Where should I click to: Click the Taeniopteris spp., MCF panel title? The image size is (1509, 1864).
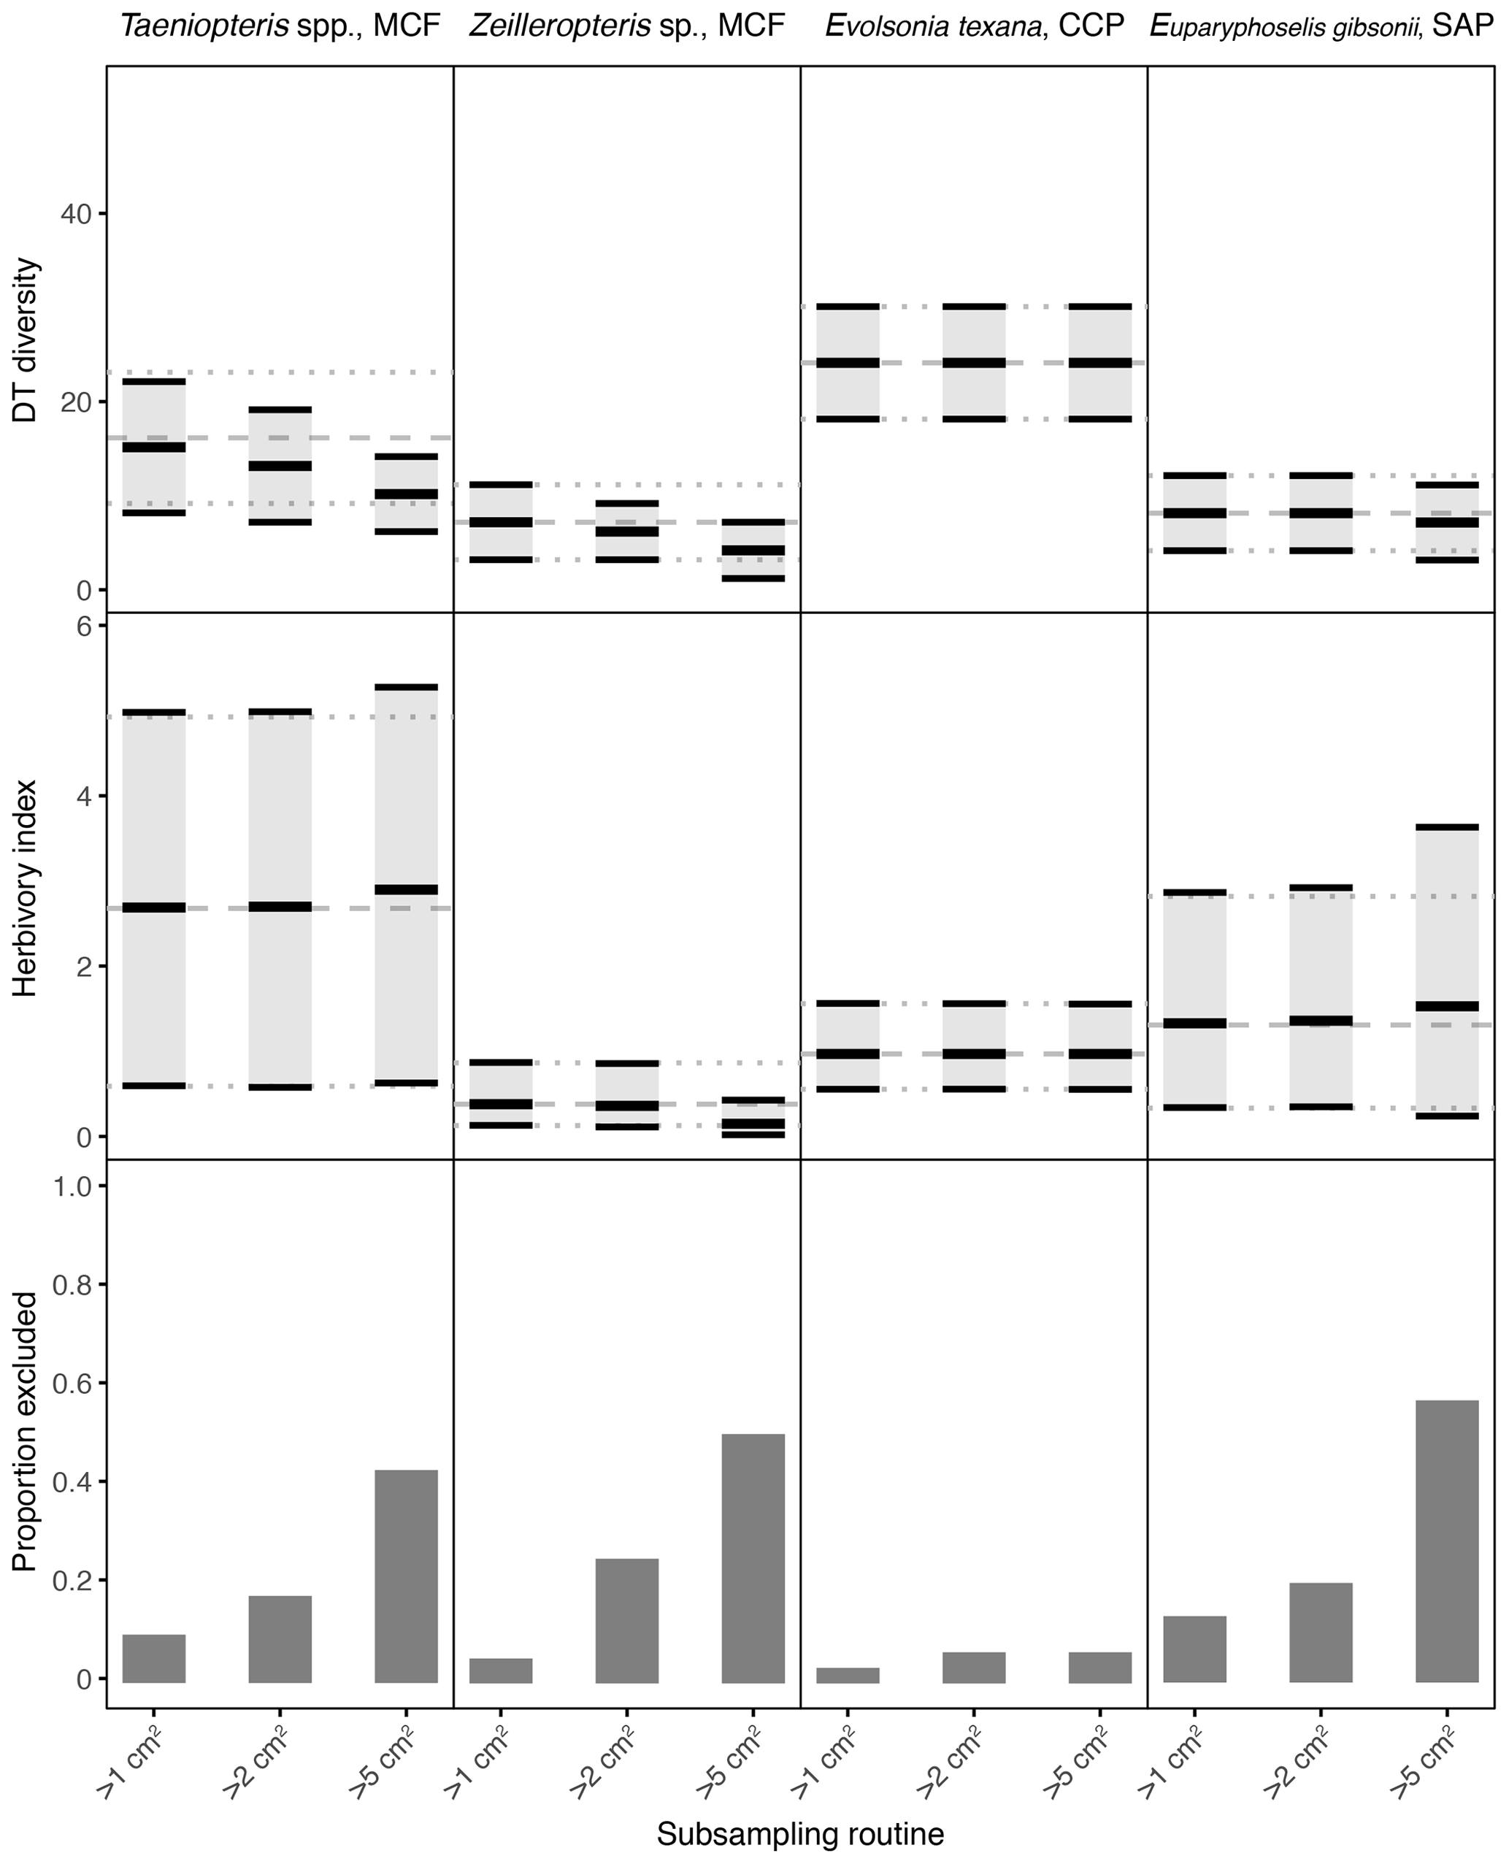pyautogui.click(x=280, y=26)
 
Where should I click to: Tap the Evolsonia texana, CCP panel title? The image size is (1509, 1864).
pyautogui.click(x=974, y=26)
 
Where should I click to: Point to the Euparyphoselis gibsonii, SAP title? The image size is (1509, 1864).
pyautogui.click(x=1321, y=26)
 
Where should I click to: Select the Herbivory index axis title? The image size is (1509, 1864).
pyautogui.click(x=26, y=887)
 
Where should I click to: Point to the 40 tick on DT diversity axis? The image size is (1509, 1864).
pyautogui.click(x=77, y=214)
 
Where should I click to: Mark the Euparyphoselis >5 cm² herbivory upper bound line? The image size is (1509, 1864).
pyautogui.click(x=1446, y=826)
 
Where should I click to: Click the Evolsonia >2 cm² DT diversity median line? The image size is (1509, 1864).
pyautogui.click(x=974, y=363)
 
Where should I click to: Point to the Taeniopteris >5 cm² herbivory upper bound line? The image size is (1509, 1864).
pyautogui.click(x=406, y=687)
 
